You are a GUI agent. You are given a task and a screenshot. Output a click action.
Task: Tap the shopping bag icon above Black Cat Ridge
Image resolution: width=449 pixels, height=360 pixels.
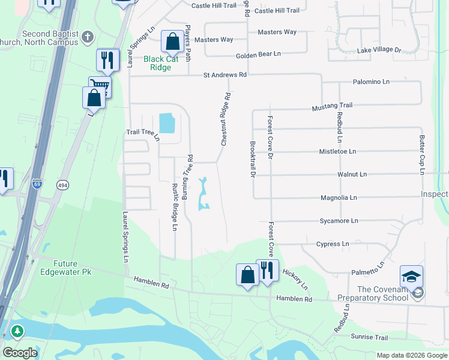172,42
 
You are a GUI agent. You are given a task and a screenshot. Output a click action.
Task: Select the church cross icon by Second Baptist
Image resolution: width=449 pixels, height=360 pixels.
87,37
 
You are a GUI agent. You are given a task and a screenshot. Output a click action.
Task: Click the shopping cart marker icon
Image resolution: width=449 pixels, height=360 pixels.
100,87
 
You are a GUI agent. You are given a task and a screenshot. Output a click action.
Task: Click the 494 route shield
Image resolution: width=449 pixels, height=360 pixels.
62,184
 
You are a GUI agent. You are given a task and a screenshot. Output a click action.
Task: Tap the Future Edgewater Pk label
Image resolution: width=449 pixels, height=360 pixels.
73,268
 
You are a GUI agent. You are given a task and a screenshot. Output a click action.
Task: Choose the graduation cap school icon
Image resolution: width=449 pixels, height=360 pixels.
411,276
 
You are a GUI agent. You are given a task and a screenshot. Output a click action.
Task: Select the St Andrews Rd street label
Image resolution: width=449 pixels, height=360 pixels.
225,75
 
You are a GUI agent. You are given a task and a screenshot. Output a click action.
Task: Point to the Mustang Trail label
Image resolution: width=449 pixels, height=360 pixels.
332,106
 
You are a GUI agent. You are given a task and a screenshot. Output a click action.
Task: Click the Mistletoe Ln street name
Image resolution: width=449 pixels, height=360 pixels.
337,151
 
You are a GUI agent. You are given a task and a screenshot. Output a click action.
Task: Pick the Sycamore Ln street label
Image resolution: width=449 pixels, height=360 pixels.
339,221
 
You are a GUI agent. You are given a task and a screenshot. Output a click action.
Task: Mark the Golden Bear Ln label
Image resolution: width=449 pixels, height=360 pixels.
258,54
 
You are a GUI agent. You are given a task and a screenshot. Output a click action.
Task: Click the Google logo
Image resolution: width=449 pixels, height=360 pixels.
20,352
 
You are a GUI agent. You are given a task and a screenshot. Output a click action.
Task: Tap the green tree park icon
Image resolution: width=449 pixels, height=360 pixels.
17,331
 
